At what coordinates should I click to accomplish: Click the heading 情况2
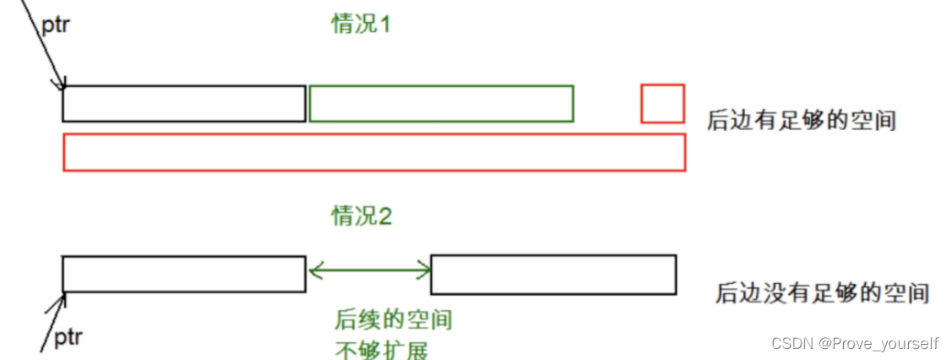361,216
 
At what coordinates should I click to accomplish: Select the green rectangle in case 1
441,103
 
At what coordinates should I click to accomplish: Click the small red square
662,103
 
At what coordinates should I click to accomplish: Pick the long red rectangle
374,152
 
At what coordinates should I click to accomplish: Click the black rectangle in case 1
184,103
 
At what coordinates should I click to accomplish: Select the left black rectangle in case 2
184,274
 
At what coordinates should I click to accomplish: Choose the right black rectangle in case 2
553,274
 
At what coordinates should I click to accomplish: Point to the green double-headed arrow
369,270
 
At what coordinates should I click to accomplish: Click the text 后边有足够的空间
801,121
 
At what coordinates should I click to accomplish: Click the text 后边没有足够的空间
822,293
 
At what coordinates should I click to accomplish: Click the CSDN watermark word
789,344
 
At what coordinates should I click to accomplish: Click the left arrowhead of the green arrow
314,270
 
